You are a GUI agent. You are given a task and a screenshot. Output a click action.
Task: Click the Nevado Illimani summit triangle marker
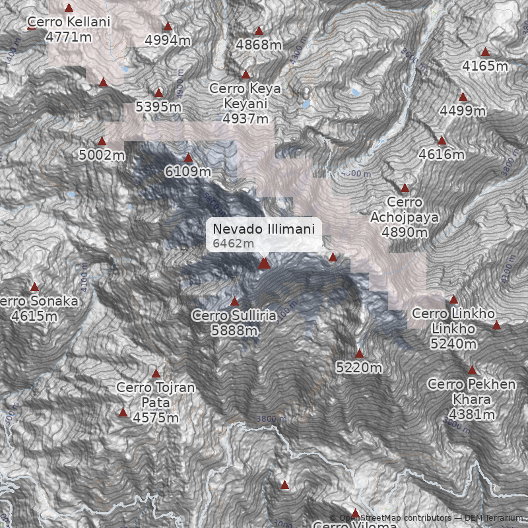[265, 263]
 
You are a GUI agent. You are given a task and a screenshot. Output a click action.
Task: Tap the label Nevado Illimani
[264, 228]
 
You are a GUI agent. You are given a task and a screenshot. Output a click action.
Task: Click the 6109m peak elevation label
[188, 172]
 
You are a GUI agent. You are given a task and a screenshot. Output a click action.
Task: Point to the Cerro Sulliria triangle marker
[234, 302]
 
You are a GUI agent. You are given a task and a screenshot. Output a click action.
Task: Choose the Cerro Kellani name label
[69, 22]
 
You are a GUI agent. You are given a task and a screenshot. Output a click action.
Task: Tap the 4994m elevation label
[168, 40]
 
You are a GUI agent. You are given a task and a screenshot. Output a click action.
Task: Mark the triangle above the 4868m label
[259, 30]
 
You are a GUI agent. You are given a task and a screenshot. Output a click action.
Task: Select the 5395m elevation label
[158, 106]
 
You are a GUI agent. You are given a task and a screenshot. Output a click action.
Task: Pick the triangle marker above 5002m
[102, 141]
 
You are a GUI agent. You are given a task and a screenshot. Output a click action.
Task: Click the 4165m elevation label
[485, 66]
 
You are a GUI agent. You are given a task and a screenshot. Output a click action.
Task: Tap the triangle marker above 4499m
[463, 96]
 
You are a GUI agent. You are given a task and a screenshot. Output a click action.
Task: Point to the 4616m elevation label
[442, 155]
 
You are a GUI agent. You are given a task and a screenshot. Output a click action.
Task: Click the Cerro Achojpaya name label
[404, 209]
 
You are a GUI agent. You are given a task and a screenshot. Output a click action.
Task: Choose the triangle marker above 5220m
[359, 353]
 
